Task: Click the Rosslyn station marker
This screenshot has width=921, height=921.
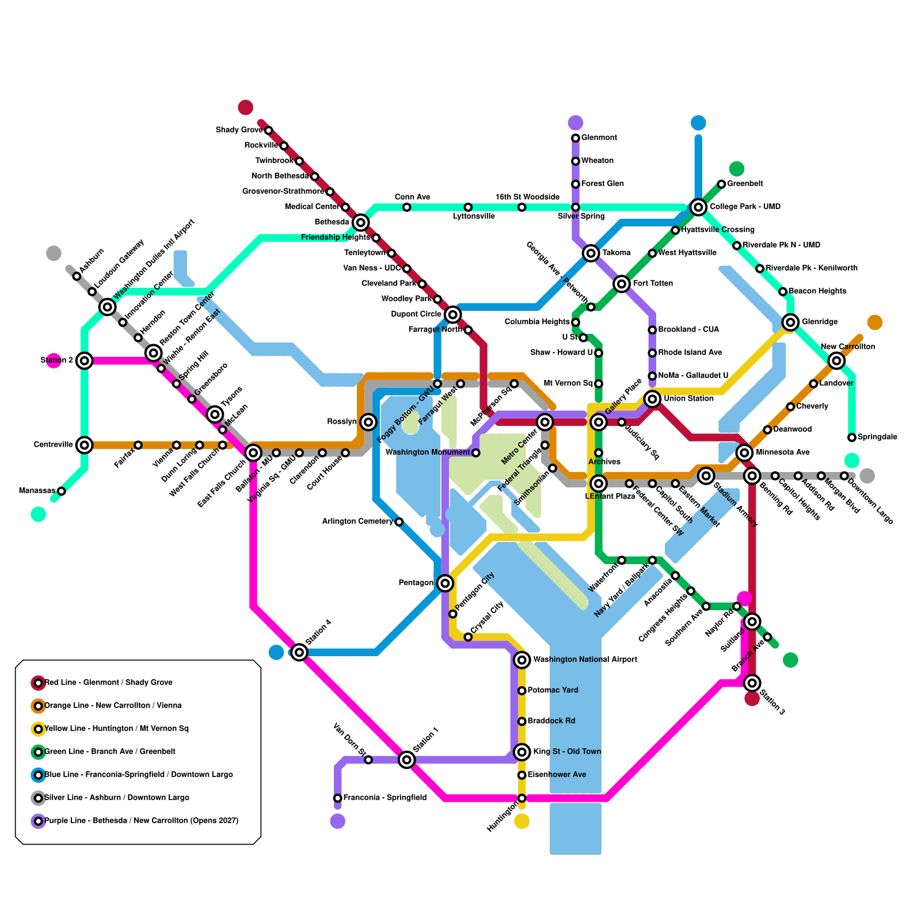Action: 369,422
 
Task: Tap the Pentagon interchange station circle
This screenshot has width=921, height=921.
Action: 445,583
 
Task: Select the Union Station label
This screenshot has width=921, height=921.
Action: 688,398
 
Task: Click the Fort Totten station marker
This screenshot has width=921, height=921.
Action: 622,284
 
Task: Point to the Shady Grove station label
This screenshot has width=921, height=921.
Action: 239,130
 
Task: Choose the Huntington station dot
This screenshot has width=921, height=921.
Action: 522,798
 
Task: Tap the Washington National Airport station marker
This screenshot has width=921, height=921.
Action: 522,660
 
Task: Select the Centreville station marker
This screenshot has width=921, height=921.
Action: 85,445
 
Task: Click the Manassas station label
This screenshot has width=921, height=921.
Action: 37,491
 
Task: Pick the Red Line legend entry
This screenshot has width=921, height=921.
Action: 108,683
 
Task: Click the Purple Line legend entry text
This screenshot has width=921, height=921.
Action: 141,821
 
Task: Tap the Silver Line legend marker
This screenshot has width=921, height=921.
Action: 39,798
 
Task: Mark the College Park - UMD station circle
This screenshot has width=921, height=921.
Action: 698,207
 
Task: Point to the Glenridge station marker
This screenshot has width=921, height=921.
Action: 791,322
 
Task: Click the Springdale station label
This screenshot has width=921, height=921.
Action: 877,437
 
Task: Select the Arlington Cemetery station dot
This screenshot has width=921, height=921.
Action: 399,522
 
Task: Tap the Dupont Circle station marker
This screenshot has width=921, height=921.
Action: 453,314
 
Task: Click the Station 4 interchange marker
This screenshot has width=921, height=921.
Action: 299,652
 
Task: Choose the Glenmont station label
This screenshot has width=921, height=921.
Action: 599,138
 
